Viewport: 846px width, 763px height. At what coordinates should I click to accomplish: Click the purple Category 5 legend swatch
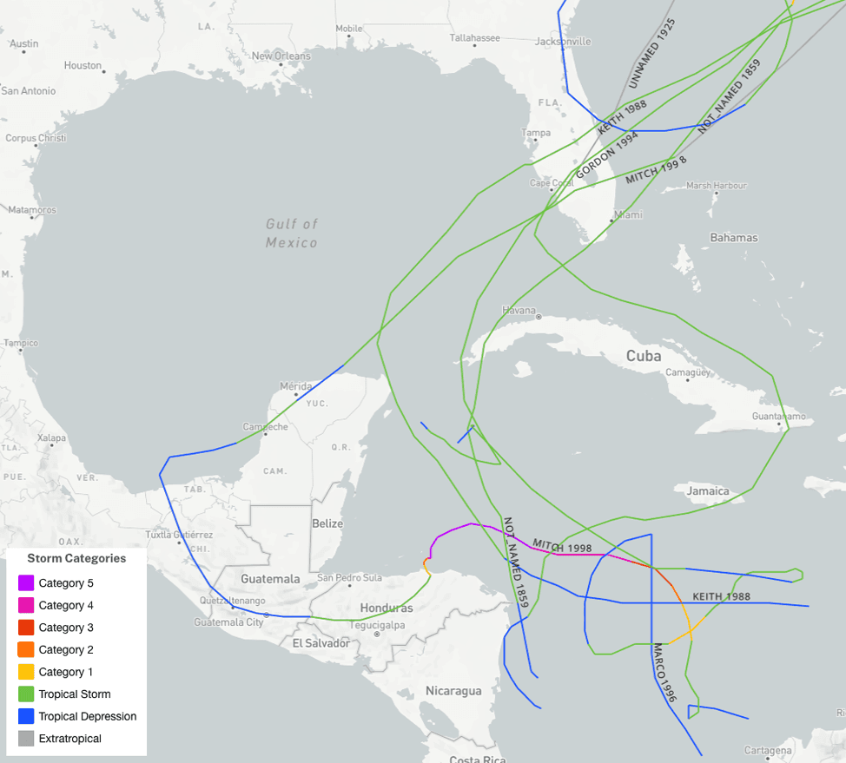point(26,583)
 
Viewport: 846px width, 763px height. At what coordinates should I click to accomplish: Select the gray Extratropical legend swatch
point(26,739)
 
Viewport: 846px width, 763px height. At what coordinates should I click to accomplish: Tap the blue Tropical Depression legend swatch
point(26,717)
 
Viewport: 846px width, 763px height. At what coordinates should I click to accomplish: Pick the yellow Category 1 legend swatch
point(26,672)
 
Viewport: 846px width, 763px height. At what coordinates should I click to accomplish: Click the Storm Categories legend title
point(76,558)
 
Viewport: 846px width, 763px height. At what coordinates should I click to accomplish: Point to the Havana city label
point(519,310)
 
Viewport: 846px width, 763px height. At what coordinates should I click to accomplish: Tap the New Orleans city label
point(281,56)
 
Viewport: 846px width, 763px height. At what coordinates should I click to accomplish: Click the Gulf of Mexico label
point(292,234)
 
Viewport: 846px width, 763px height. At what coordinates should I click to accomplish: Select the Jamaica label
point(708,491)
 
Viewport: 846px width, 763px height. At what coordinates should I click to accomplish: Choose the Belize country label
point(327,523)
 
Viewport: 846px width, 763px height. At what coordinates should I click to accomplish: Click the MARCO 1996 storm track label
point(664,673)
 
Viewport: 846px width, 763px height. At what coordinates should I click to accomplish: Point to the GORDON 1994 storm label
point(606,155)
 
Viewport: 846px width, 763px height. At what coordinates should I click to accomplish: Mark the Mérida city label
point(296,386)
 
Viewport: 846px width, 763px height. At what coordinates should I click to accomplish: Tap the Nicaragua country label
point(453,691)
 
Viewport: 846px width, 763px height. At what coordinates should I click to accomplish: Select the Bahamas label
point(733,238)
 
